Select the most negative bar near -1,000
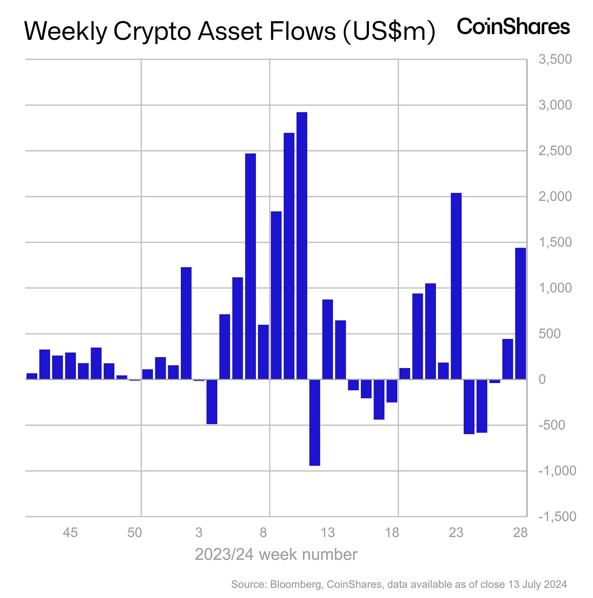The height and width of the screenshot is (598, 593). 315,422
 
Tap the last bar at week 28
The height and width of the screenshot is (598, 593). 521,314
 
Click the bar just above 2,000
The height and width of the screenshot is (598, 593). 456,286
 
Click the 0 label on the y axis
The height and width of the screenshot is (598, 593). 542,380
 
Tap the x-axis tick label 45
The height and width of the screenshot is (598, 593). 70,532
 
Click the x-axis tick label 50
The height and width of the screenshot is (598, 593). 135,532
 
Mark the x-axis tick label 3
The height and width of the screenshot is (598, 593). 199,532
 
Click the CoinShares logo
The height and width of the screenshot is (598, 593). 513,27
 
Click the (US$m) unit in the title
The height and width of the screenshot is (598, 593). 389,32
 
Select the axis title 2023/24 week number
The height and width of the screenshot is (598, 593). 276,554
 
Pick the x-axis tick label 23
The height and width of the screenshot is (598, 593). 456,532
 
